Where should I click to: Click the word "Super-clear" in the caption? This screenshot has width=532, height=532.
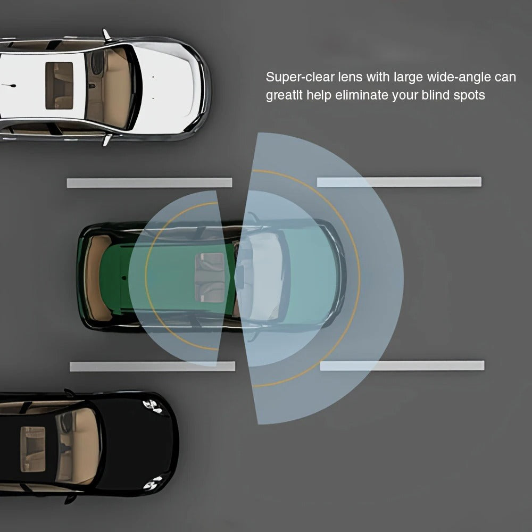[300, 77]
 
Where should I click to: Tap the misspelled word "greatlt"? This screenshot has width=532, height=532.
[284, 96]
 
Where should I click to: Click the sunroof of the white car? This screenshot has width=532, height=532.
[60, 86]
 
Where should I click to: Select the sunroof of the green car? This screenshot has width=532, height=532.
[209, 277]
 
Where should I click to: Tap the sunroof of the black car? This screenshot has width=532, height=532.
[33, 449]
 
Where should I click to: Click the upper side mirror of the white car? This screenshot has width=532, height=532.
[106, 35]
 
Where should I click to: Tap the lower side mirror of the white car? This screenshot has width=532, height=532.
[107, 140]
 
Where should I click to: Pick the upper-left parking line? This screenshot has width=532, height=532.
[149, 182]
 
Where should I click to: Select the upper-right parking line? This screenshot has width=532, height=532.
[399, 182]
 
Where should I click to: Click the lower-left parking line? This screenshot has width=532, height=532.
[152, 367]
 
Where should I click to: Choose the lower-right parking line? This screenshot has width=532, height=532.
[402, 366]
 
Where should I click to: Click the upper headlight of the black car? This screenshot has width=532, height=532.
[153, 406]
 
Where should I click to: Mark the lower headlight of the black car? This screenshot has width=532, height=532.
[153, 483]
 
